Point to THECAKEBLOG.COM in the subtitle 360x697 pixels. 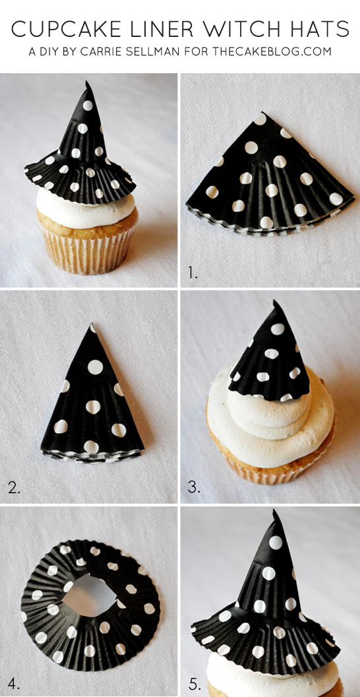coord(272,51)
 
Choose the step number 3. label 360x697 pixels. coord(193,488)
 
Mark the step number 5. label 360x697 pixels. coord(193,682)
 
